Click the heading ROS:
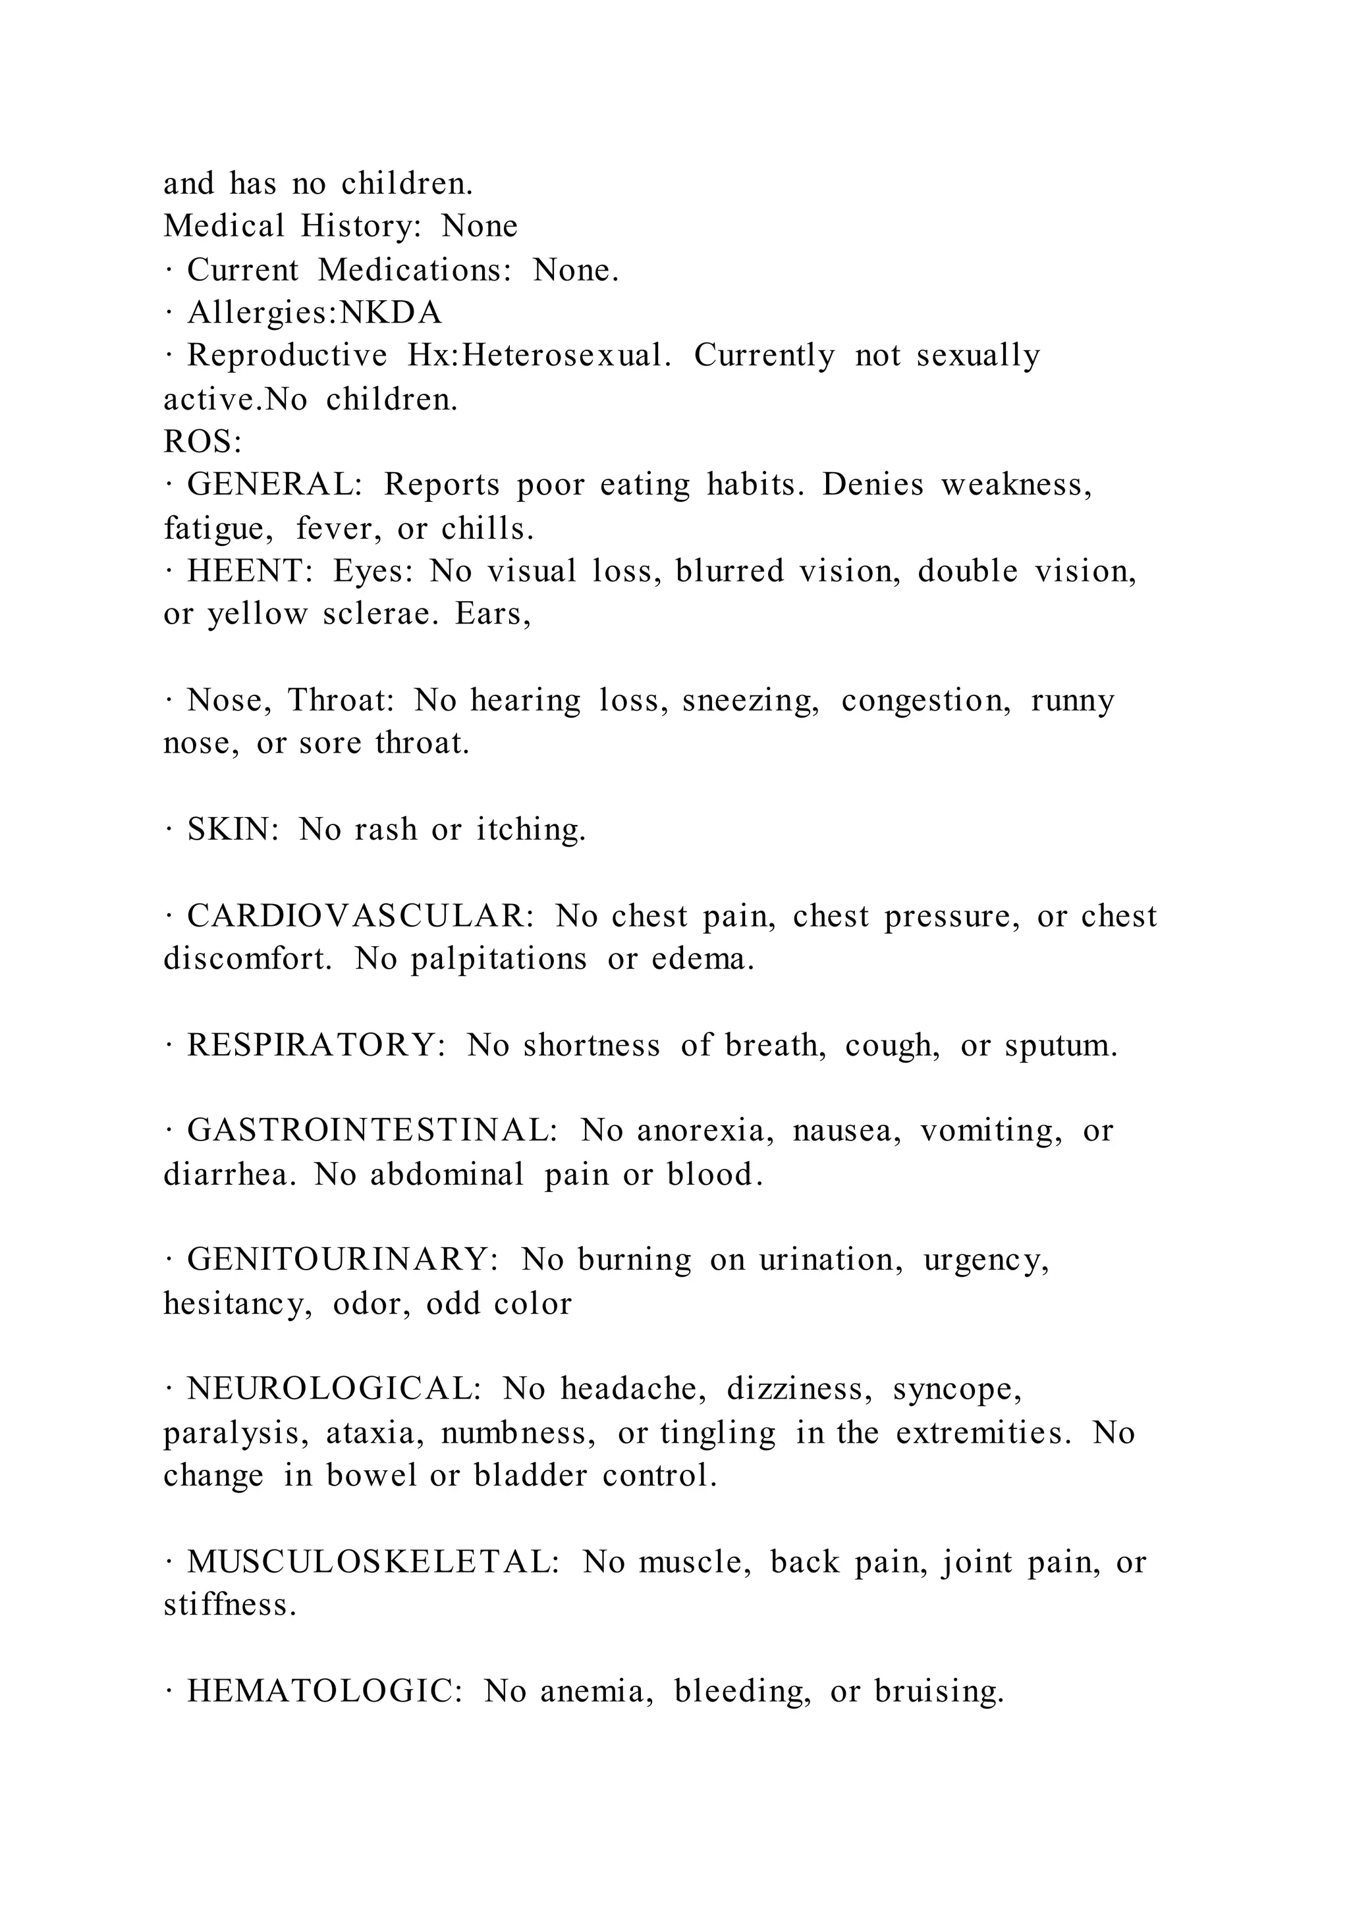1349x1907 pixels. (202, 442)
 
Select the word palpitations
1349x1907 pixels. (499, 959)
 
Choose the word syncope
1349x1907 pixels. (957, 1389)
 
